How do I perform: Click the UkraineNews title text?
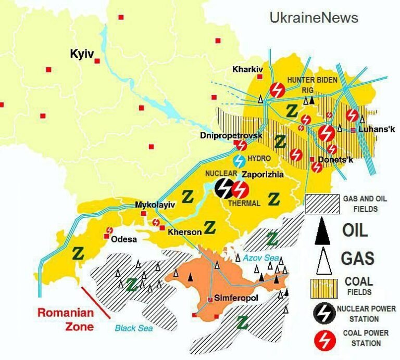coord(314,18)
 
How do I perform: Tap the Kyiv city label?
coord(81,54)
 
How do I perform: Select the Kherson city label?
coord(184,233)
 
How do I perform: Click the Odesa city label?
coord(124,239)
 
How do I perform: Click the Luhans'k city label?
coord(373,130)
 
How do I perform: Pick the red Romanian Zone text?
coord(65,319)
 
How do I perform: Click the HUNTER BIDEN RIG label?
coord(312,84)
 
